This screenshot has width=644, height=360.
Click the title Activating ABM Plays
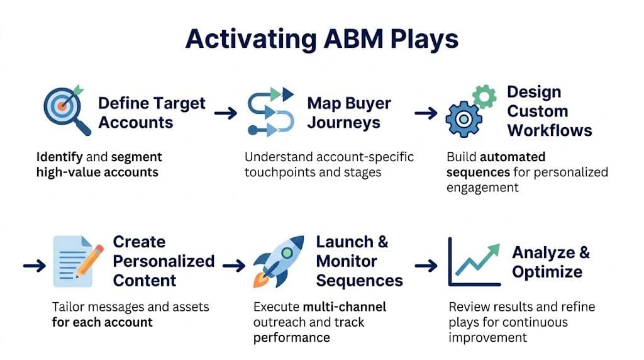pyautogui.click(x=321, y=38)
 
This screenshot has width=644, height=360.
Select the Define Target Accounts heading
pyautogui.click(x=152, y=113)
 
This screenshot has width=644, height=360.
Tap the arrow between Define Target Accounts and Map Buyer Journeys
pyautogui.click(x=225, y=113)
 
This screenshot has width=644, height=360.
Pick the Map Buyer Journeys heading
pyautogui.click(x=348, y=112)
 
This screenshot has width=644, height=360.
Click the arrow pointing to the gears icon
pyautogui.click(x=426, y=113)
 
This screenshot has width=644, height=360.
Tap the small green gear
pyautogui.click(x=484, y=96)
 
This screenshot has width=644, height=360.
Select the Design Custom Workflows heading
pyautogui.click(x=549, y=111)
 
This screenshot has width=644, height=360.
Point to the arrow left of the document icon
pyautogui.click(x=34, y=266)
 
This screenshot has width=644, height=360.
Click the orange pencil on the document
pyautogui.click(x=91, y=261)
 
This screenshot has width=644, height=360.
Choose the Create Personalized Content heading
pyautogui.click(x=163, y=261)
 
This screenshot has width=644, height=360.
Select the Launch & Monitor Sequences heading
pyautogui.click(x=358, y=261)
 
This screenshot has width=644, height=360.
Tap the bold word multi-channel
pyautogui.click(x=344, y=307)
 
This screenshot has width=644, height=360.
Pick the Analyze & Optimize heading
pyautogui.click(x=550, y=262)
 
